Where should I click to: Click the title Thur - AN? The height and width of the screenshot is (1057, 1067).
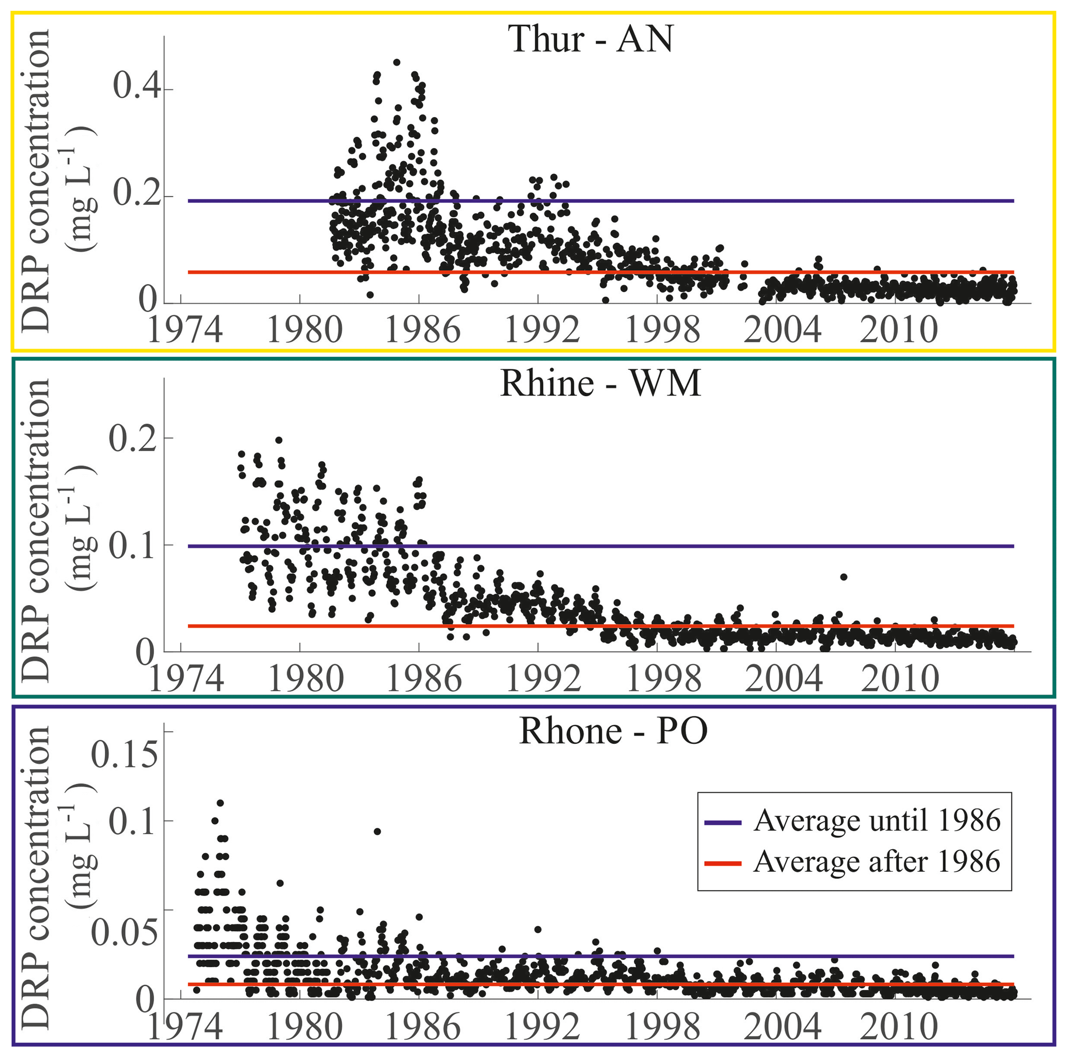(591, 40)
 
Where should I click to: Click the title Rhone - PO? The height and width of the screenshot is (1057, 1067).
(613, 731)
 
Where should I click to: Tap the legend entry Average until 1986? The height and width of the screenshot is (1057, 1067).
(877, 820)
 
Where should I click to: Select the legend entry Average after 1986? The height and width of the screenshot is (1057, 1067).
(877, 861)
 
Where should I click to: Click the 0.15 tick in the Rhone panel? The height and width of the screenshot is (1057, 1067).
(124, 754)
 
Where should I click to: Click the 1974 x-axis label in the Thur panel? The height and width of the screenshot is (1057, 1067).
(185, 330)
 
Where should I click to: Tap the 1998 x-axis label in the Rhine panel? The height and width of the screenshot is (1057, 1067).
(664, 678)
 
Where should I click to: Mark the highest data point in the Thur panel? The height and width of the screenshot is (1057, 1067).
(396, 62)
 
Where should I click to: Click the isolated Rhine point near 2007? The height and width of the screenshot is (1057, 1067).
(843, 577)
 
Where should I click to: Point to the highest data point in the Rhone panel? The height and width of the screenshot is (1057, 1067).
(220, 803)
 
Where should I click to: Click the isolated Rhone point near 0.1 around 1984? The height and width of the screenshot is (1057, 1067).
(377, 831)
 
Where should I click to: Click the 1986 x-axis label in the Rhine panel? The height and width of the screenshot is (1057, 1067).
(424, 678)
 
